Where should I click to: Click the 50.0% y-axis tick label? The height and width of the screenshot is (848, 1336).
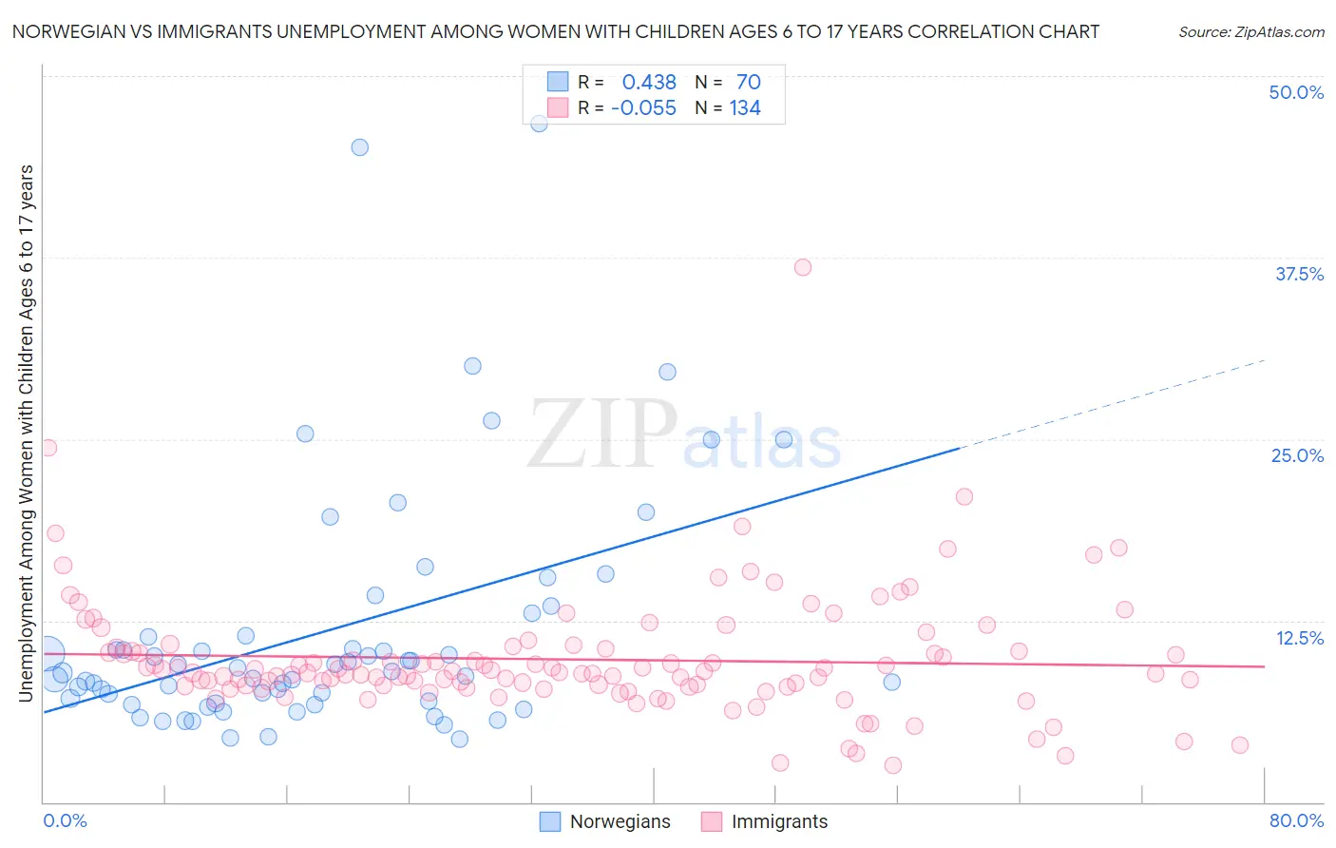(1295, 92)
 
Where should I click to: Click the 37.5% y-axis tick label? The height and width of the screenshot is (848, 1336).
(1298, 274)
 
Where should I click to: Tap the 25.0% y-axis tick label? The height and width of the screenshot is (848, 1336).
(1297, 455)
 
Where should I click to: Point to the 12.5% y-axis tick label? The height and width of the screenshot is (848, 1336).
(1299, 638)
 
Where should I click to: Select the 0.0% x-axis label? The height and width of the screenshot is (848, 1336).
(65, 820)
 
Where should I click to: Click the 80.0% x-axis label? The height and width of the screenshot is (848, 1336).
(1296, 820)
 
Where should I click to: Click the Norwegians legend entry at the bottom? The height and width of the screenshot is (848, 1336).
(620, 821)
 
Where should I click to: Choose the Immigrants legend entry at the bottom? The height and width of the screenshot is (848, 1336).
(779, 821)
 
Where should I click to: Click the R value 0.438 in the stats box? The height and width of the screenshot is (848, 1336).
(649, 83)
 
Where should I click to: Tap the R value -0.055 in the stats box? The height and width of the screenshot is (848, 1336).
(643, 108)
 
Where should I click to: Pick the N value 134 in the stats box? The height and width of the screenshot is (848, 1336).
(745, 108)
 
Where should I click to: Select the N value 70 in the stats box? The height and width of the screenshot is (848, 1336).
(748, 83)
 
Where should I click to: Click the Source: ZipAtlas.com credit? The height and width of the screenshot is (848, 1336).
(1250, 32)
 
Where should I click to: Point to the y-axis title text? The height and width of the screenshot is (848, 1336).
(26, 434)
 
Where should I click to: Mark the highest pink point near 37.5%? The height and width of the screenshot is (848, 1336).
(803, 267)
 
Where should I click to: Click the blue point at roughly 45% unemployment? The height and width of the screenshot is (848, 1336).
(359, 147)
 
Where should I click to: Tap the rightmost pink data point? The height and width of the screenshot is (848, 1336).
(1239, 745)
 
